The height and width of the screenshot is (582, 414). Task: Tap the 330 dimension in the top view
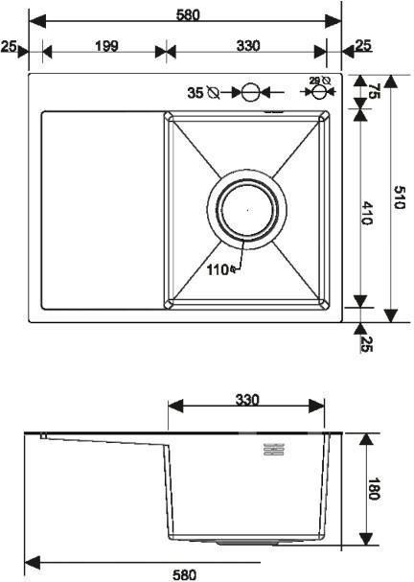point(248,46)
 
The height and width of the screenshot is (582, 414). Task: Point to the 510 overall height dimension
point(400,198)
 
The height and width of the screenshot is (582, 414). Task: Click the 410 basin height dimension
point(367,214)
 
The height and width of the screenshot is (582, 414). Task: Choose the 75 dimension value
point(375,92)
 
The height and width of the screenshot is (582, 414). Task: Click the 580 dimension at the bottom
point(184,574)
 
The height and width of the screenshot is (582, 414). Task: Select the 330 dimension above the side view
point(248,399)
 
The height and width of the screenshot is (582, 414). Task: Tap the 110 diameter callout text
point(218,269)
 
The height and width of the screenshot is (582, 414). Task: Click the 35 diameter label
point(195,93)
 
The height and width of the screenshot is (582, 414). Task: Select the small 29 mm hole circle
point(319,93)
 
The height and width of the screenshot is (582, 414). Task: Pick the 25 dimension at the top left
point(9,46)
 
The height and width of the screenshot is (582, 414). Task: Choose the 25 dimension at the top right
point(364,45)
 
